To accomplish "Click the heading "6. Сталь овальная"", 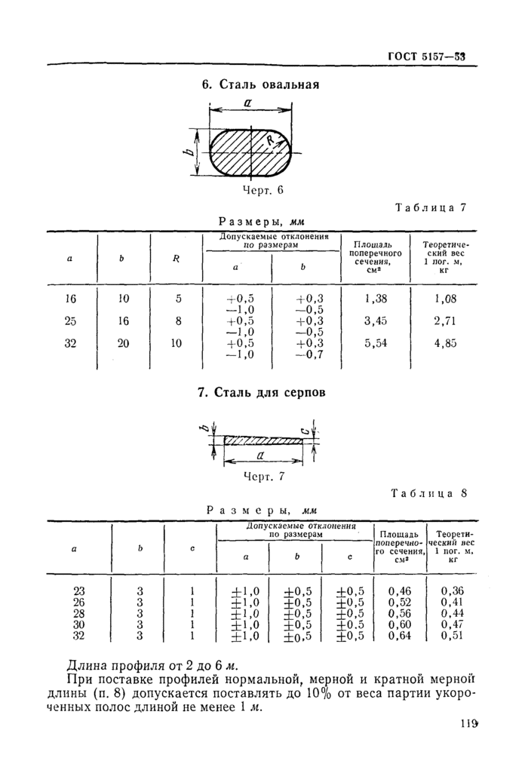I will click(260, 84).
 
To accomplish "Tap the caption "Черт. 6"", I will click(262, 190).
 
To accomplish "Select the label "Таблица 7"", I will click(431, 208).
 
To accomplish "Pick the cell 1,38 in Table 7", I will click(375, 299).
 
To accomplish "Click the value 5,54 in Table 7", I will click(375, 343).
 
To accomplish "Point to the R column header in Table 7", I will click(176, 258).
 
